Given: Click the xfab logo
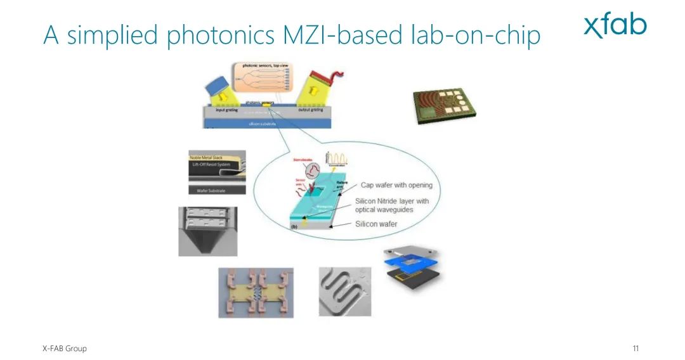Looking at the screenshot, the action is click(615, 25).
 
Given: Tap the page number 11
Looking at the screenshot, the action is click(636, 349).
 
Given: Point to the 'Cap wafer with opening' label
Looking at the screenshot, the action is click(396, 185).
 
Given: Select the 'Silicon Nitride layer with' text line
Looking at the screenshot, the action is click(391, 201).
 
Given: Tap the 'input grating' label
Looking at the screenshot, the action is click(226, 110).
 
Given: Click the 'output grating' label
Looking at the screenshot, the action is click(310, 110).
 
